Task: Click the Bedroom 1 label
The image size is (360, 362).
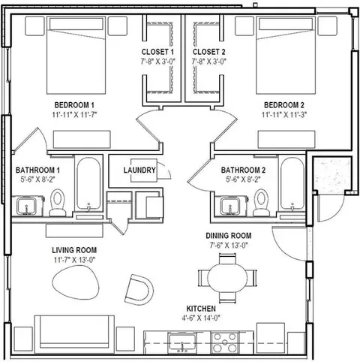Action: (x=74, y=104)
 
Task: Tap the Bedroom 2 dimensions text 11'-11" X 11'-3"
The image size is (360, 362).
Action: (x=284, y=115)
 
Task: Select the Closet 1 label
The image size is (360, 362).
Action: (x=157, y=52)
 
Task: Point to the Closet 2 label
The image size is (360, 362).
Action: (x=208, y=52)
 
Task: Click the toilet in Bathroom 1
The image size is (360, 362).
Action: (x=58, y=203)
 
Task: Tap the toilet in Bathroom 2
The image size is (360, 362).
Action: (x=262, y=203)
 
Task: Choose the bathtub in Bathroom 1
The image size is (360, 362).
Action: (x=88, y=183)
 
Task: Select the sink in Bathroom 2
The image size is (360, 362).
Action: (x=229, y=206)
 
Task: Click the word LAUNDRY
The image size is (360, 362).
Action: (x=139, y=170)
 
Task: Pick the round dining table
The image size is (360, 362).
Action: (x=227, y=278)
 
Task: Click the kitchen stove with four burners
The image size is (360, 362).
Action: (x=225, y=342)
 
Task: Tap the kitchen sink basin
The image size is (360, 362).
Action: (x=182, y=342)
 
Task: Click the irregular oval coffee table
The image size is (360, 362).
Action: (x=76, y=282)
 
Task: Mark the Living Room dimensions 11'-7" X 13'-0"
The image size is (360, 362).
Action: (x=74, y=260)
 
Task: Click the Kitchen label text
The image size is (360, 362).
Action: (x=201, y=309)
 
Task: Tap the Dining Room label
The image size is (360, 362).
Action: (x=229, y=236)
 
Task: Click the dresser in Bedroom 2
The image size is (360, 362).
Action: (x=286, y=139)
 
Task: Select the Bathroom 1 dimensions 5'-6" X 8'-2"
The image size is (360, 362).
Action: (x=37, y=179)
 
